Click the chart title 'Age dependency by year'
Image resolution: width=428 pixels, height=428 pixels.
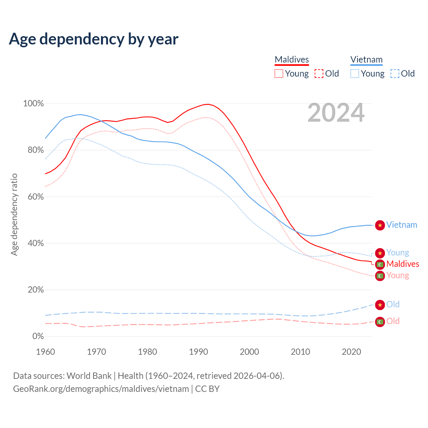click(x=94, y=39)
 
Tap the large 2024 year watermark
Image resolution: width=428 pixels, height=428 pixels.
click(x=336, y=113)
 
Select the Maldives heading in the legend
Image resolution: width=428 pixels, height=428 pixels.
click(x=292, y=60)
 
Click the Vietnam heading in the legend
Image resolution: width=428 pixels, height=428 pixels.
click(x=366, y=60)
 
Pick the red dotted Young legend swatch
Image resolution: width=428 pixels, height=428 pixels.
click(x=279, y=74)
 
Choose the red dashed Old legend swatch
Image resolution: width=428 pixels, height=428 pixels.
click(x=319, y=74)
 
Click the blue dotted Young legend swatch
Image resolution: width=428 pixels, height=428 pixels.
click(x=355, y=74)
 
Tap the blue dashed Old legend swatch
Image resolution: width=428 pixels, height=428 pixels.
click(x=395, y=74)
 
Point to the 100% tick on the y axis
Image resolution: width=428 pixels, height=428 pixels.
click(x=33, y=104)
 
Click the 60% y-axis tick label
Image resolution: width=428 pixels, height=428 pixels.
click(x=35, y=197)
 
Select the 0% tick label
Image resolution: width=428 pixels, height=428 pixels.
click(x=38, y=336)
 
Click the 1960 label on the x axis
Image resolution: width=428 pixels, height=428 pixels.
click(x=45, y=352)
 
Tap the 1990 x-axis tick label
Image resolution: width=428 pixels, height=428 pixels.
click(x=199, y=352)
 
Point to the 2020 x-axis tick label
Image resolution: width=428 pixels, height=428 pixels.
click(x=351, y=352)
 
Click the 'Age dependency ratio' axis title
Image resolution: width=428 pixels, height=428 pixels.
click(x=14, y=215)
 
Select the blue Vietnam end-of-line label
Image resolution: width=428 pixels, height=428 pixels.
click(x=402, y=225)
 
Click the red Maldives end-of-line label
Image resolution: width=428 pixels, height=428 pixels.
click(x=403, y=264)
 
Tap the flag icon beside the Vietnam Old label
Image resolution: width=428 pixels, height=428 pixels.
click(x=380, y=305)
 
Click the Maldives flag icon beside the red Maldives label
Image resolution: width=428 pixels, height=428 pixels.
click(x=380, y=264)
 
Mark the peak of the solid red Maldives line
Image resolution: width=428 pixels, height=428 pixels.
click(x=208, y=104)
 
